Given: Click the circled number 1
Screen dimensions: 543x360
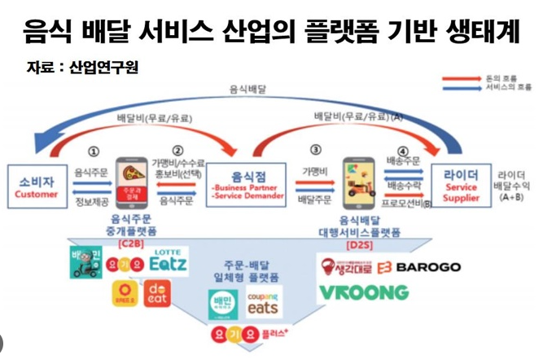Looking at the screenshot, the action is tap(94, 151).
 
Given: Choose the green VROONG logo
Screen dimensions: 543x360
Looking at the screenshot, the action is tap(363, 292).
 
